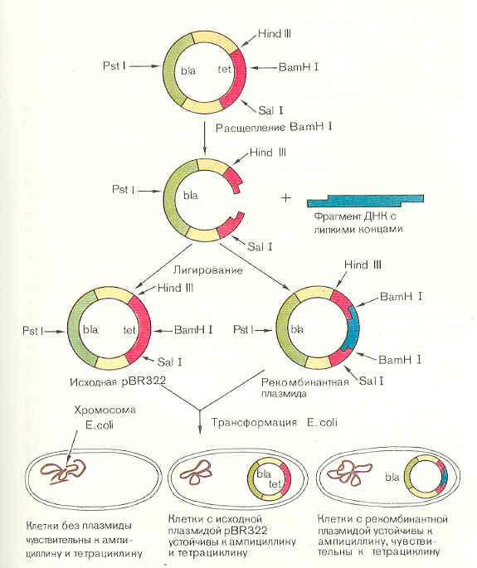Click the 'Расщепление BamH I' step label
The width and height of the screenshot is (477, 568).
pyautogui.click(x=261, y=127)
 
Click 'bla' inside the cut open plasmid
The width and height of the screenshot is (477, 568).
pyautogui.click(x=191, y=197)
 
